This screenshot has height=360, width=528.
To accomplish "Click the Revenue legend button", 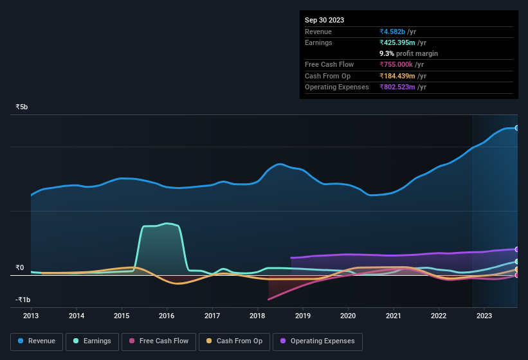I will click(x=37, y=341).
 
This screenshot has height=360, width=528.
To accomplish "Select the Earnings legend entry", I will click(x=91, y=341).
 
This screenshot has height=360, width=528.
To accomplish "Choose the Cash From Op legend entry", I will click(x=233, y=341).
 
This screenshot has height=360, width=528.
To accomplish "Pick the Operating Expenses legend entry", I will click(x=318, y=341).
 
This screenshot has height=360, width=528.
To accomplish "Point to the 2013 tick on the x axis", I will click(x=31, y=316).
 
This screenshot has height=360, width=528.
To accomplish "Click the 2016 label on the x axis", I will click(x=167, y=316).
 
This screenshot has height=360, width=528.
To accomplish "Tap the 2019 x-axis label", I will click(x=302, y=316).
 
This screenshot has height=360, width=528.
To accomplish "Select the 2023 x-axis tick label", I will click(x=484, y=316).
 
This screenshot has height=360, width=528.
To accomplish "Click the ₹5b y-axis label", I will click(x=22, y=107).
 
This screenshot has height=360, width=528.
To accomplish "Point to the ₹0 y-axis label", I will click(x=20, y=267).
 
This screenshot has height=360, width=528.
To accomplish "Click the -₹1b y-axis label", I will click(x=23, y=300).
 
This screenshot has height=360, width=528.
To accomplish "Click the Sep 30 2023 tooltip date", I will click(x=324, y=20).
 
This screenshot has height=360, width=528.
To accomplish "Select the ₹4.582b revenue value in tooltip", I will click(x=399, y=32).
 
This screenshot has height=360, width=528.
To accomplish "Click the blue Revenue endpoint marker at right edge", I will click(x=517, y=128).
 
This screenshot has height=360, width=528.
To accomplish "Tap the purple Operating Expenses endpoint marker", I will click(x=517, y=249).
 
